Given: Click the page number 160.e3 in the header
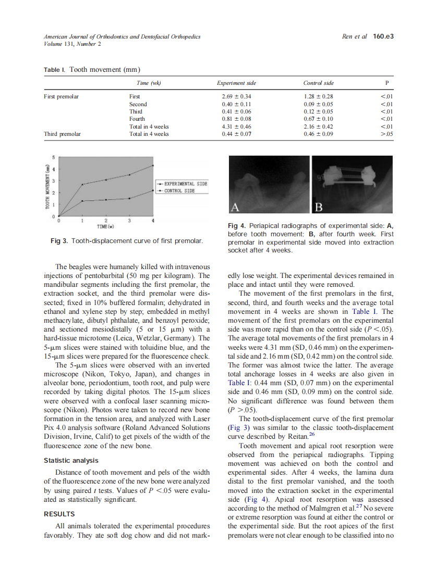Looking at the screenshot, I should [x=382, y=36].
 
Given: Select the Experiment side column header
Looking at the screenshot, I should [x=236, y=83].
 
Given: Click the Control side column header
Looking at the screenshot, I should [x=318, y=83].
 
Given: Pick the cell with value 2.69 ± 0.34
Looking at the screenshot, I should [x=236, y=96].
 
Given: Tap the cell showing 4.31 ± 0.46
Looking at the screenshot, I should [x=236, y=126].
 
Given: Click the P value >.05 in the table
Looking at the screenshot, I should [x=386, y=134].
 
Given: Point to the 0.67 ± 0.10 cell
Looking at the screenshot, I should [x=318, y=119].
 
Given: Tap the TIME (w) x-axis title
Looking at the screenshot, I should [x=105, y=226].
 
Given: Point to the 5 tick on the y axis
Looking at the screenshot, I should [x=53, y=157].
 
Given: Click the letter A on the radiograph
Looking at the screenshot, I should [x=235, y=208].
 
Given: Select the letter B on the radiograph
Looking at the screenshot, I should [x=319, y=208].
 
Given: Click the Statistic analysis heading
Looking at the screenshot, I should [x=71, y=461].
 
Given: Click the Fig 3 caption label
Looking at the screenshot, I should [x=59, y=241].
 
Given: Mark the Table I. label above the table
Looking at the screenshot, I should [x=55, y=70].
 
